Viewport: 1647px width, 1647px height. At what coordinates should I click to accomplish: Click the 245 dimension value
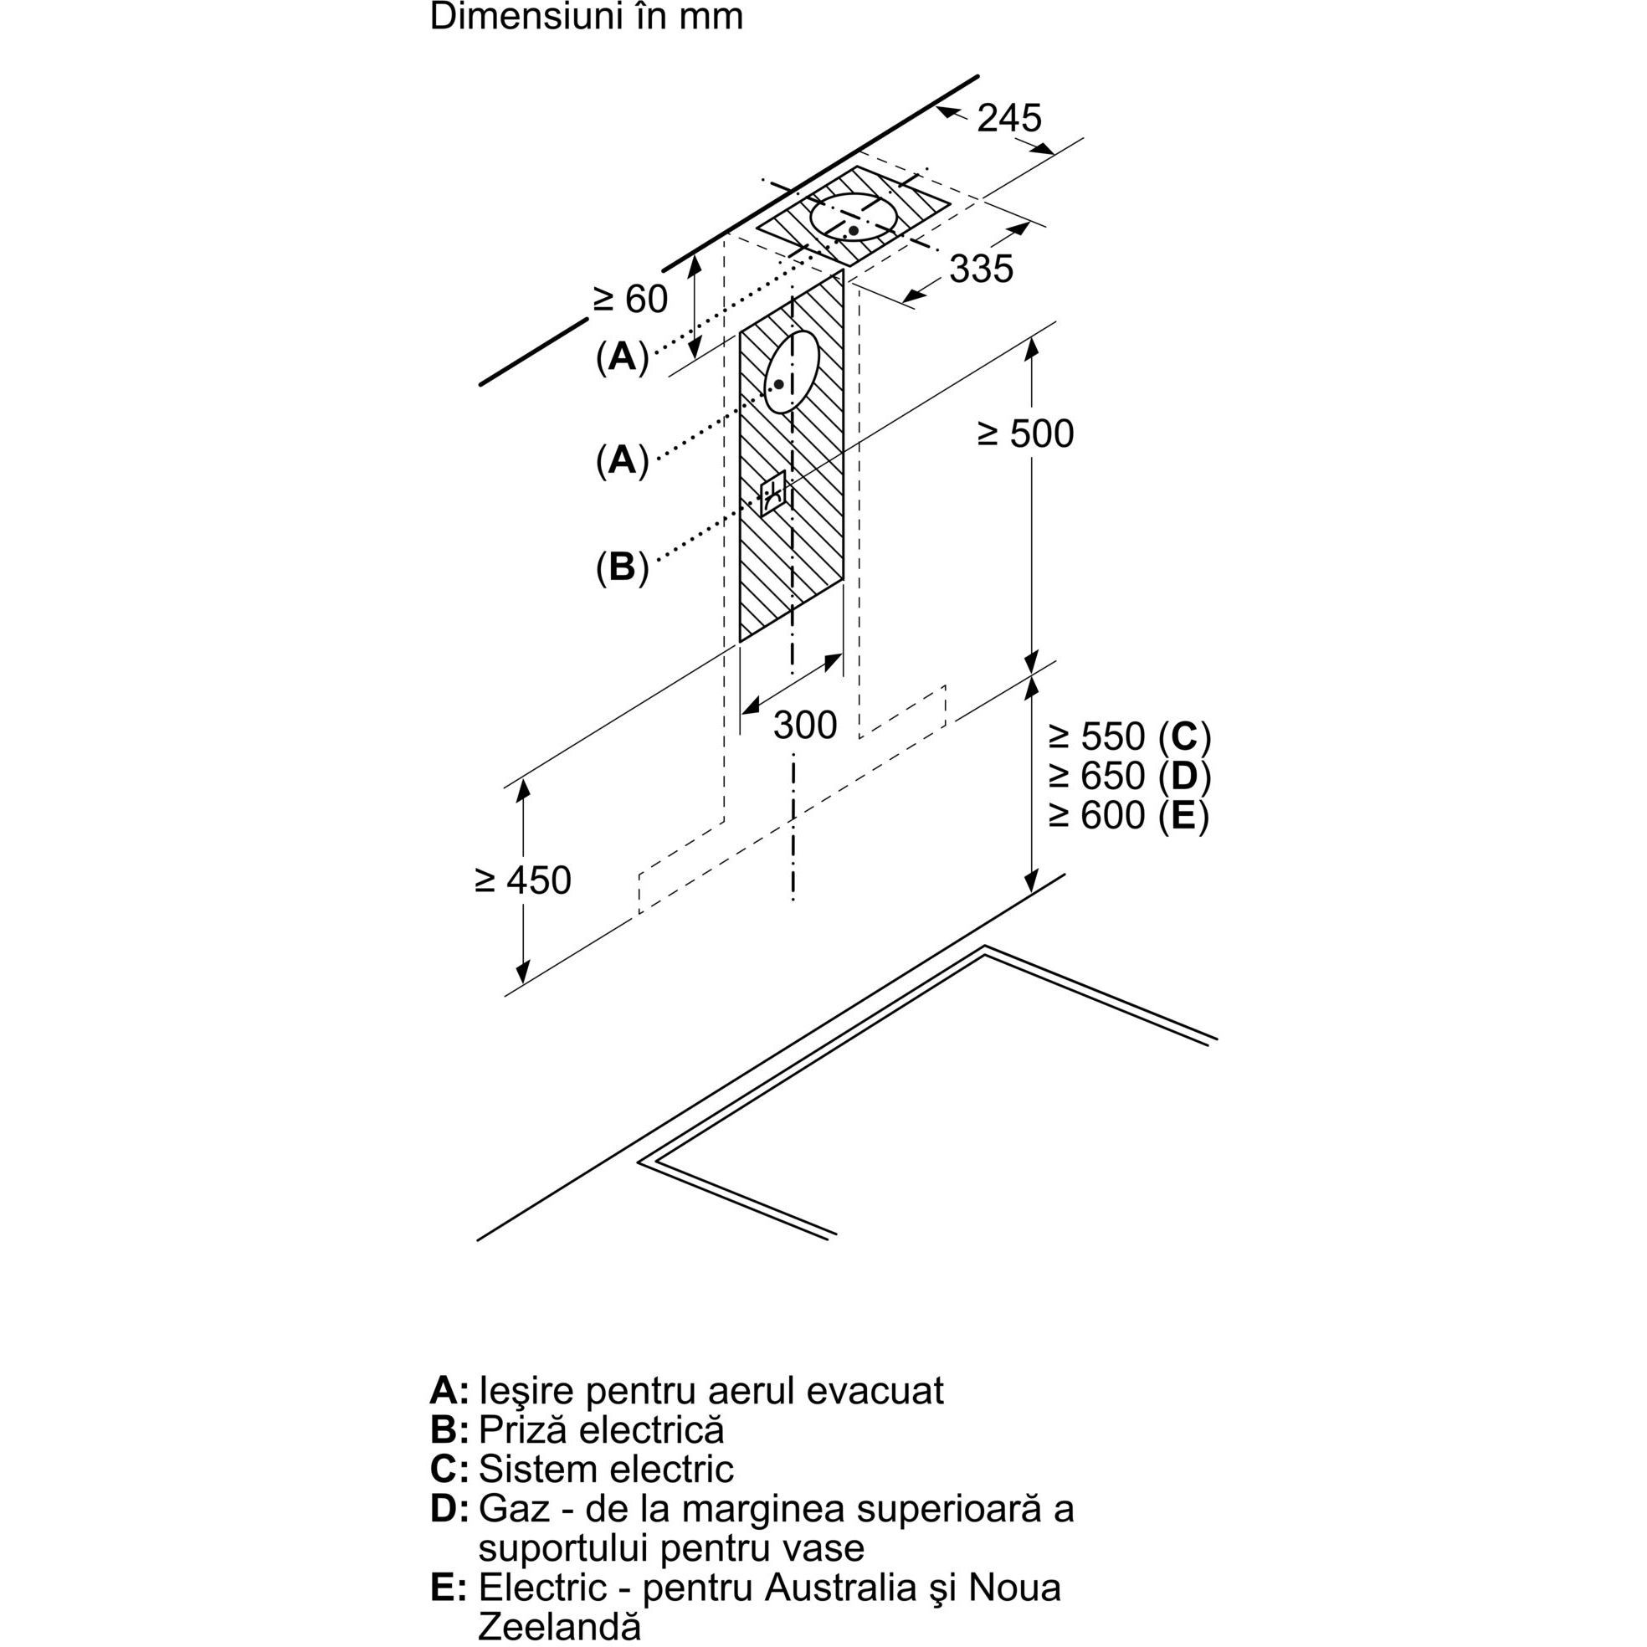click(x=1008, y=118)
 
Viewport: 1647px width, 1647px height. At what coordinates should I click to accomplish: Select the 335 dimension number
click(x=981, y=269)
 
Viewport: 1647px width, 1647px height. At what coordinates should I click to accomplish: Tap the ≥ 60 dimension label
click(x=631, y=300)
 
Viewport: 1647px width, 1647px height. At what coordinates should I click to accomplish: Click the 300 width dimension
click(x=805, y=726)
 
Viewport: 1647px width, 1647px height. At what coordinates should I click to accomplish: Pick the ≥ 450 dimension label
click(x=522, y=880)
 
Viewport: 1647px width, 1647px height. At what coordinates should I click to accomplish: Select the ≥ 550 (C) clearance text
click(x=1130, y=736)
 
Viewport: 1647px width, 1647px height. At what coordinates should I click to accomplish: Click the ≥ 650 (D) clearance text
click(x=1130, y=776)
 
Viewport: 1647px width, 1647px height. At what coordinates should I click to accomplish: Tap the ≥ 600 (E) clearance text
click(x=1130, y=816)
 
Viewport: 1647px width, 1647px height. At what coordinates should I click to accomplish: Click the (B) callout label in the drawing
click(x=623, y=566)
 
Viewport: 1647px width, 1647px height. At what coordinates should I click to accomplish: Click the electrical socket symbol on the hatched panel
click(x=772, y=495)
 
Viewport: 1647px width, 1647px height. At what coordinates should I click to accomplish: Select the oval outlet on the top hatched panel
click(x=853, y=217)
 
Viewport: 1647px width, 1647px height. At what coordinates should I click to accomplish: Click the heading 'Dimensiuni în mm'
click(x=587, y=17)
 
